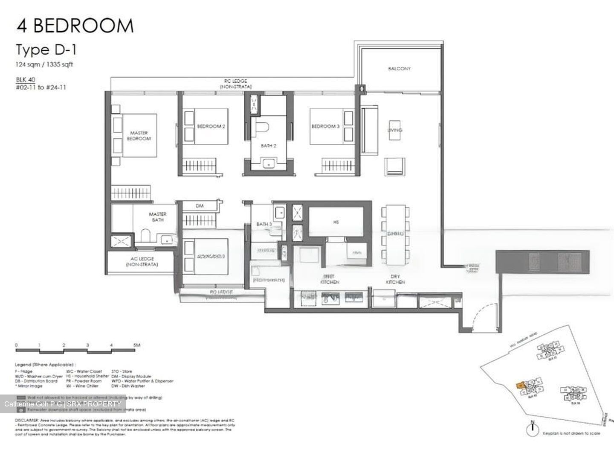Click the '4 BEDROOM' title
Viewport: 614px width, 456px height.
tap(75, 26)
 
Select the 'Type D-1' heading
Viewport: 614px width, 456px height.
tap(46, 50)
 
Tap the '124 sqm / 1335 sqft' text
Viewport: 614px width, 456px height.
tap(44, 64)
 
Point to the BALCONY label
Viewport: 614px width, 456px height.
tap(399, 68)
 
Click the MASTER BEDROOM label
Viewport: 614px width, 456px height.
tap(139, 136)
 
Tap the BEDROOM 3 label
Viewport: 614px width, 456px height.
tap(325, 126)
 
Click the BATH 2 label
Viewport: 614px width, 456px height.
tap(269, 146)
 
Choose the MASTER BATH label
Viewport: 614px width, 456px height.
tap(157, 217)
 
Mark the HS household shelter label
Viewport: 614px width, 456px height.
tap(336, 222)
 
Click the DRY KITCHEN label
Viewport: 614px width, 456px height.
tap(395, 280)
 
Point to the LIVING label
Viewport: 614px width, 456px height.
tap(395, 130)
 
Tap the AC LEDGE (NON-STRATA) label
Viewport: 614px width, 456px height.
tap(142, 262)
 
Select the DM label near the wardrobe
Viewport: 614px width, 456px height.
tap(200, 206)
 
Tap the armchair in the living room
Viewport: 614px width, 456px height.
tap(394, 166)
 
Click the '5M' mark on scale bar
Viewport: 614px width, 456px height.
tap(136, 345)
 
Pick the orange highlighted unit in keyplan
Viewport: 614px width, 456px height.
tap(521, 385)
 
